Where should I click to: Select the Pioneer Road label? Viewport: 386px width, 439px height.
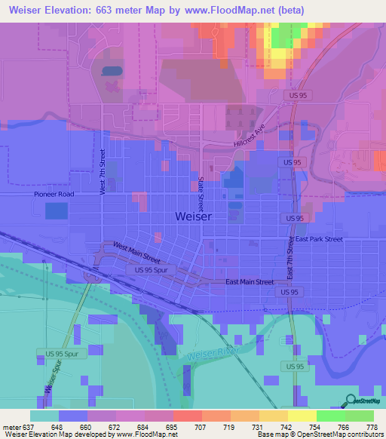pos(54,194)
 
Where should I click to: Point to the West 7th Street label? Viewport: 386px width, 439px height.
pos(103,172)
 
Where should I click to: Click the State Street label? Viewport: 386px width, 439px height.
pos(201,194)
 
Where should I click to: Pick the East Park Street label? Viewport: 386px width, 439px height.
pos(319,239)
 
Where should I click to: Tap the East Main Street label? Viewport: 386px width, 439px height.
pos(250,282)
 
